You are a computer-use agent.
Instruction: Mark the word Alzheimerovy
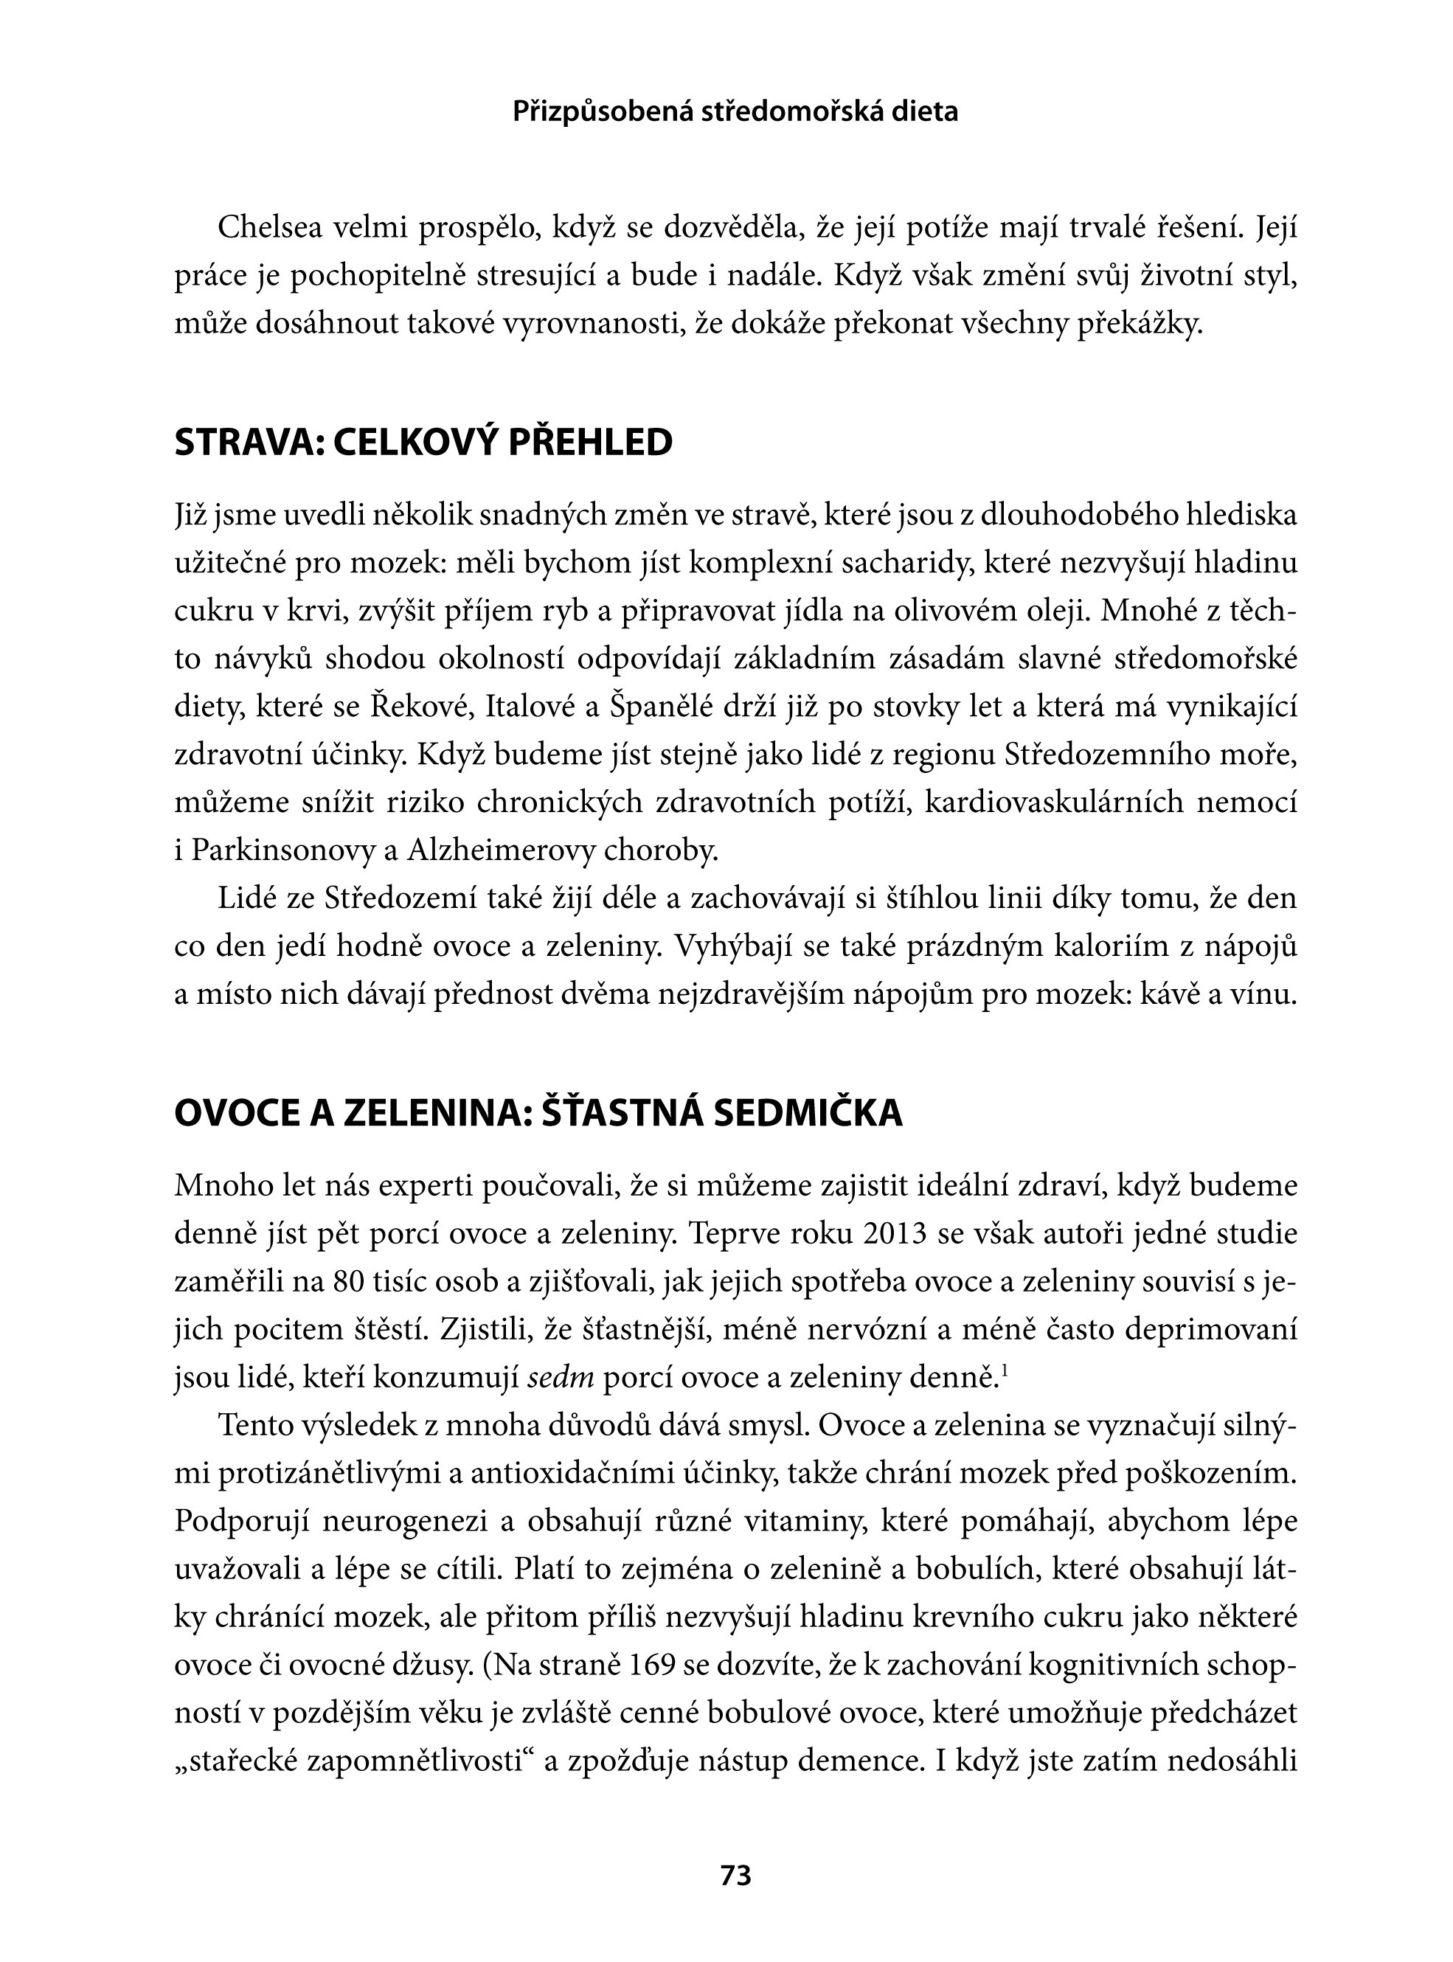(x=499, y=850)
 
